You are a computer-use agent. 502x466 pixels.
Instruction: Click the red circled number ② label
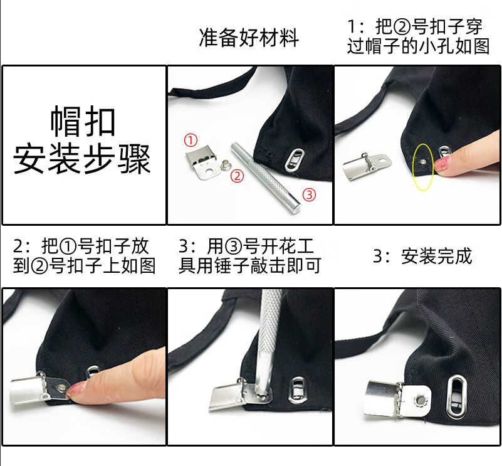237,176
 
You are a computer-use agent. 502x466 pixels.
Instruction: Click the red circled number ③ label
310,194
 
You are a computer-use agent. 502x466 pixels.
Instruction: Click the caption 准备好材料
249,38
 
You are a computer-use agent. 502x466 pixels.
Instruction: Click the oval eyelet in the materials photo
292,159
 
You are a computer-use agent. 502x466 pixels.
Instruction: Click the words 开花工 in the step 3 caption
290,245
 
